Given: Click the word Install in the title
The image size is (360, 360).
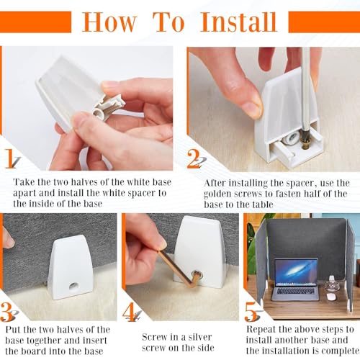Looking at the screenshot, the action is coord(238,22).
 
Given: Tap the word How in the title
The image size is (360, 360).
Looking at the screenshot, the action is coord(109,22).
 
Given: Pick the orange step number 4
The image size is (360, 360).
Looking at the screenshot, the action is coord(129,312).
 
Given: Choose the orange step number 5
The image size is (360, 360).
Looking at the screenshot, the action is coord(251,312).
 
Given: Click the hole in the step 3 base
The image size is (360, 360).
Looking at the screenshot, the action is coord(73,286).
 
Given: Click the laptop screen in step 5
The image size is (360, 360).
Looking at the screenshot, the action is coord(296,272).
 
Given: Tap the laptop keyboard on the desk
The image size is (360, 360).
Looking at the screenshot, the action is coord(296,291).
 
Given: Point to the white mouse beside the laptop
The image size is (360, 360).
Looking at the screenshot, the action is coord(331,297).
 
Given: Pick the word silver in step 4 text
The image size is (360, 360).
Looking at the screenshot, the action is coord(200,337).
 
